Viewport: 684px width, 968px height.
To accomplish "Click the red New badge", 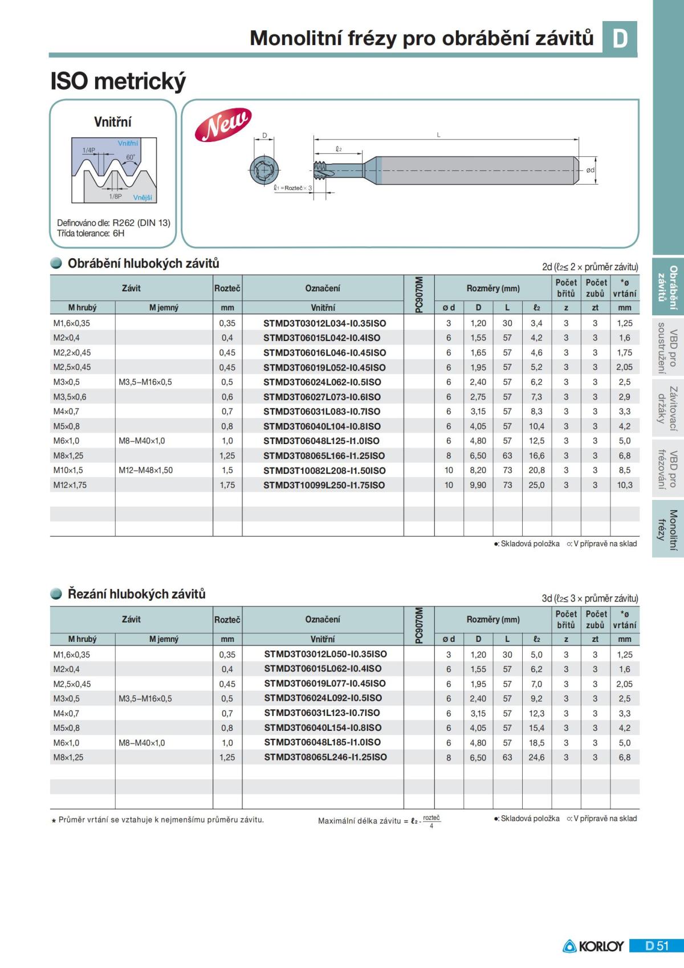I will pos(223,124).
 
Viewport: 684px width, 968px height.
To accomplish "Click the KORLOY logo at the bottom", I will pos(593,946).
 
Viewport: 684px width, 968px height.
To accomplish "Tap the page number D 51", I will pos(657,946).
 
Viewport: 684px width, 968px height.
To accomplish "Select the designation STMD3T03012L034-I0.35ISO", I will pos(324,323).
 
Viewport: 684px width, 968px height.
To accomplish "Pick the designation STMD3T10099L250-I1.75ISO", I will pos(324,485).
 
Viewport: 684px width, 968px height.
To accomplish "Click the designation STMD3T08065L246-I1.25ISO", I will pos(325,757).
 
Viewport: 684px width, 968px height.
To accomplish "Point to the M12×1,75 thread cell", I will pos(70,485).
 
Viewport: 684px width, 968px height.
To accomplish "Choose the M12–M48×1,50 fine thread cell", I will pos(145,470).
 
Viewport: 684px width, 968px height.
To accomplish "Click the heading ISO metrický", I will pos(118,82).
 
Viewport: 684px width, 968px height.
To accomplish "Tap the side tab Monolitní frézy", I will pos(667,530).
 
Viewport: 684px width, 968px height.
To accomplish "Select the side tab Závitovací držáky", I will pos(667,408).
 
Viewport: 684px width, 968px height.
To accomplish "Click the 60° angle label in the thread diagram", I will pos(131,157).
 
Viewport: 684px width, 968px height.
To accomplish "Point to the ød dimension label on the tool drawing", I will pos(591,170).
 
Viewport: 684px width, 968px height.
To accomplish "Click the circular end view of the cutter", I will pos(264,169).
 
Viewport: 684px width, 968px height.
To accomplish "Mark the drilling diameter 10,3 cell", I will pos(624,485).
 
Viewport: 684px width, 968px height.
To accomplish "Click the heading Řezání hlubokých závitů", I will pos(136,594).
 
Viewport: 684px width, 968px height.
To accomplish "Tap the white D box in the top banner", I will pos(620,38).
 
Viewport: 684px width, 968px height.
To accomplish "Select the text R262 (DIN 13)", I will pos(141,223).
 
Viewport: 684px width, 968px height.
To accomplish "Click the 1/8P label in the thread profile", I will pos(115,196).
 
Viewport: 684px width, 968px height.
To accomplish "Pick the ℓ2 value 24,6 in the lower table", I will pos(536,757).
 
